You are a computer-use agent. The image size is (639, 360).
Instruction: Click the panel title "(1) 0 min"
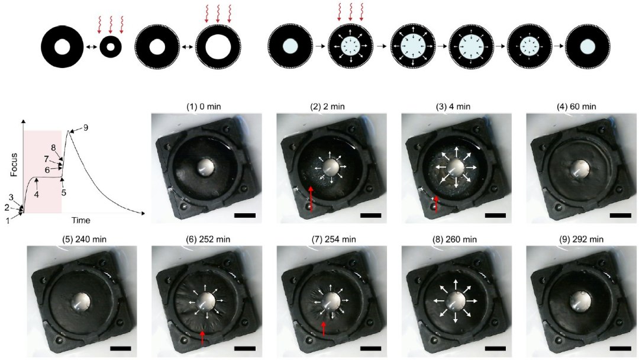coord(204,107)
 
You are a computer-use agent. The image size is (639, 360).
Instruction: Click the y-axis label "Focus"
coord(14,164)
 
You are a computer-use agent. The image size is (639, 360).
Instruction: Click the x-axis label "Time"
coord(80,220)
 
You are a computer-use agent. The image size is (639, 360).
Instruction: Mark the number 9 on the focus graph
coord(86,128)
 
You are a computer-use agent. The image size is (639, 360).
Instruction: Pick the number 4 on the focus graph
coord(37,195)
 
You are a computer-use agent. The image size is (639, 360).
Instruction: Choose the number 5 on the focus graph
coord(64,192)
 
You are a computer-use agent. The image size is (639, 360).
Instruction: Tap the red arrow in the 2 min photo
coord(311,200)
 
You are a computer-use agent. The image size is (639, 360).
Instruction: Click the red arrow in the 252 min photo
coord(202,337)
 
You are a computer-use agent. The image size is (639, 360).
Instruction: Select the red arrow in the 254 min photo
coord(324,329)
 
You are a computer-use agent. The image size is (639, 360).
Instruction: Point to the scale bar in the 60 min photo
coord(620,216)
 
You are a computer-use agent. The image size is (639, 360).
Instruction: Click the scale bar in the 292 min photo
coord(620,349)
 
